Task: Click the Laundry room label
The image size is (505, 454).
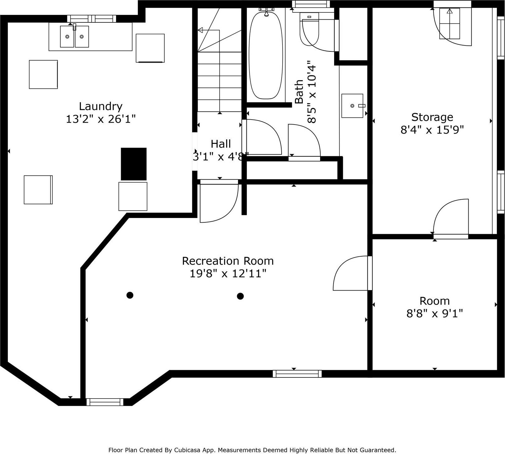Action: (x=101, y=106)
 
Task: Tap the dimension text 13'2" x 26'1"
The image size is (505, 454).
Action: (x=101, y=119)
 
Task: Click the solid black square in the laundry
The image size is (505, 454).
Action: (x=133, y=164)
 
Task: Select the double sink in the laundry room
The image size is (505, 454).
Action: (x=74, y=37)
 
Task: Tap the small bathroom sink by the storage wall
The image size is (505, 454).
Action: (x=352, y=106)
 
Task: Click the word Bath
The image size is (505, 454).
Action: (x=299, y=92)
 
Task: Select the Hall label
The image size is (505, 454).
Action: (x=221, y=144)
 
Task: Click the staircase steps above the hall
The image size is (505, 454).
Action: (x=220, y=81)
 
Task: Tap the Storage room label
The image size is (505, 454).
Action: (x=432, y=117)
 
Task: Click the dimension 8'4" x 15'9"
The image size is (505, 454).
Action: (x=432, y=130)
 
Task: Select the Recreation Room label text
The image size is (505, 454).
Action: (x=228, y=261)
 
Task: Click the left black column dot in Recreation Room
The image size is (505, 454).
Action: (x=130, y=295)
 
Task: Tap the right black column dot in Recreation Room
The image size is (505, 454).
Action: (x=240, y=296)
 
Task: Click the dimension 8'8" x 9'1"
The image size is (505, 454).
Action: (x=434, y=313)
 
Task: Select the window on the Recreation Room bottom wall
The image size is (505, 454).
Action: (x=297, y=374)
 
